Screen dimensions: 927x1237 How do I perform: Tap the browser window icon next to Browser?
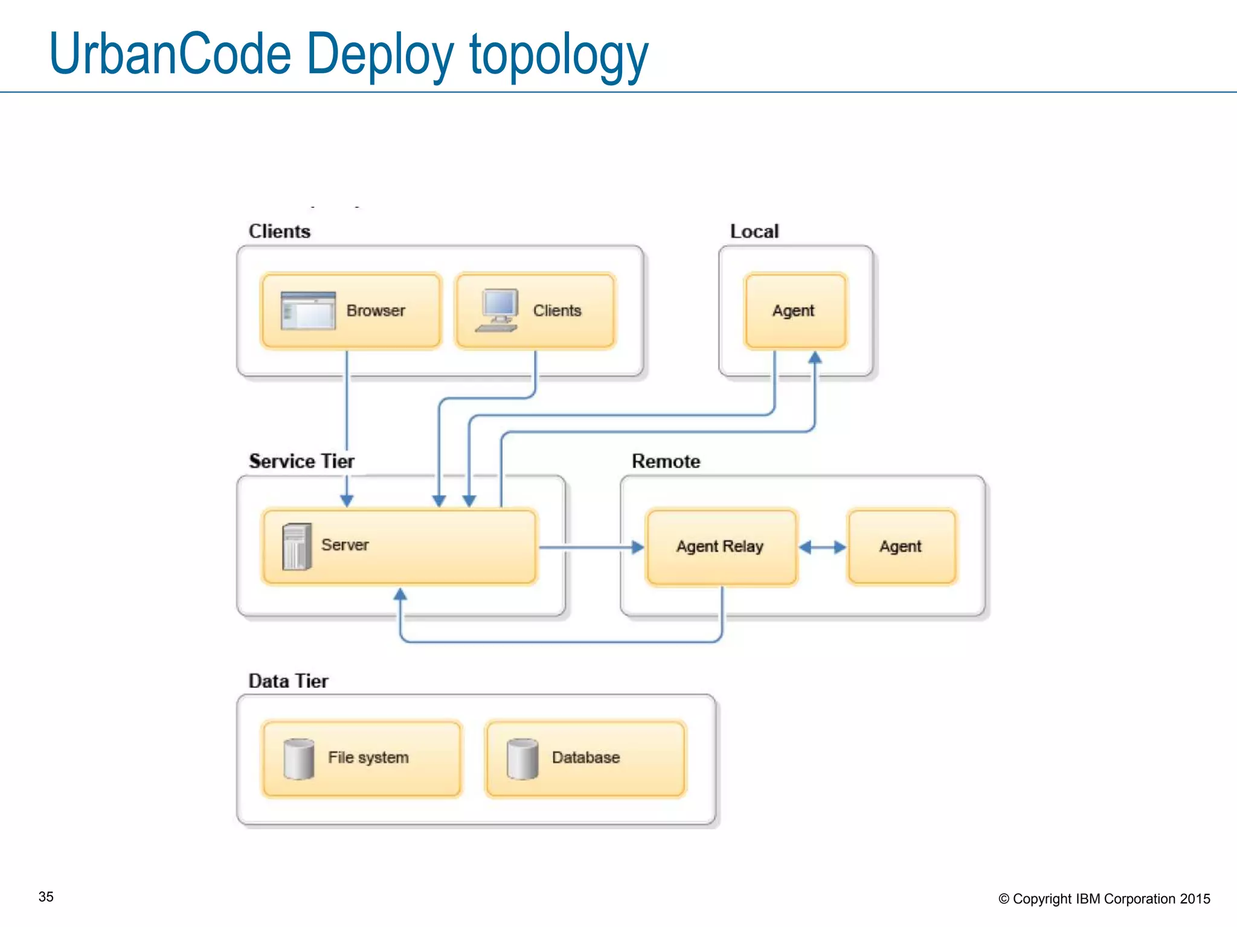click(308, 311)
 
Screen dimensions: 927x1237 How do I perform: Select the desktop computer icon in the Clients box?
click(498, 310)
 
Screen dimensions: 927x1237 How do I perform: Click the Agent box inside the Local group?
click(795, 311)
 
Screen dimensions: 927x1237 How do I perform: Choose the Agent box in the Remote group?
click(901, 547)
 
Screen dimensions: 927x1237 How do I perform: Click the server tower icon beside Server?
click(297, 547)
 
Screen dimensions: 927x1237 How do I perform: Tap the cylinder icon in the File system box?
click(299, 759)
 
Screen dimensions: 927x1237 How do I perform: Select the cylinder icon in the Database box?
click(522, 759)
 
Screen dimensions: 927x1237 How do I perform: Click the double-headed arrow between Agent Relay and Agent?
click(822, 547)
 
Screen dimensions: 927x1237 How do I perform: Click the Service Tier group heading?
click(301, 461)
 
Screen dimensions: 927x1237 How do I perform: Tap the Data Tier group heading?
click(288, 681)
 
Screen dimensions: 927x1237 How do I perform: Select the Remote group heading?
click(666, 461)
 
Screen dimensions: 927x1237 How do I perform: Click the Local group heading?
click(754, 231)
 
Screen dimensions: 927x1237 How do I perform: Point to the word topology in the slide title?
click(558, 56)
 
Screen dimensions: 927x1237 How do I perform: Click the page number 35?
click(46, 897)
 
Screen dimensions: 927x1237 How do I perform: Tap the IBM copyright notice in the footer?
click(1104, 899)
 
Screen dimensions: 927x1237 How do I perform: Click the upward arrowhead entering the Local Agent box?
click(815, 357)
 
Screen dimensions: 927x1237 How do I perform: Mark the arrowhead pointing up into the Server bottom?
click(400, 594)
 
